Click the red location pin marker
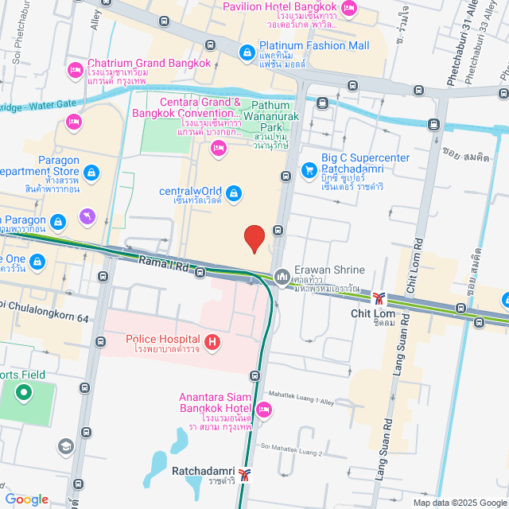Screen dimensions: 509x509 pyautogui.click(x=254, y=239)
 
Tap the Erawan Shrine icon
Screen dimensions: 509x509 pyautogui.click(x=282, y=277)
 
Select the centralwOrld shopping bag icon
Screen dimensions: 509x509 pyautogui.click(x=233, y=192)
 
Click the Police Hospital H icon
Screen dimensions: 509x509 pyautogui.click(x=212, y=343)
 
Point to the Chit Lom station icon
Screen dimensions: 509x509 pyautogui.click(x=380, y=297)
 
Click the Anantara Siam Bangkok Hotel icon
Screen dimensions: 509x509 pyautogui.click(x=265, y=410)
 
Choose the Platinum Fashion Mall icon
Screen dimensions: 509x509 pyautogui.click(x=247, y=53)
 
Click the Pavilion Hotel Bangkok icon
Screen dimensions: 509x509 pyautogui.click(x=348, y=8)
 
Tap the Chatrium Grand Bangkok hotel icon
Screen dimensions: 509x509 pyautogui.click(x=76, y=70)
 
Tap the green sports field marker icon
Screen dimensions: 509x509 pyautogui.click(x=24, y=391)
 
